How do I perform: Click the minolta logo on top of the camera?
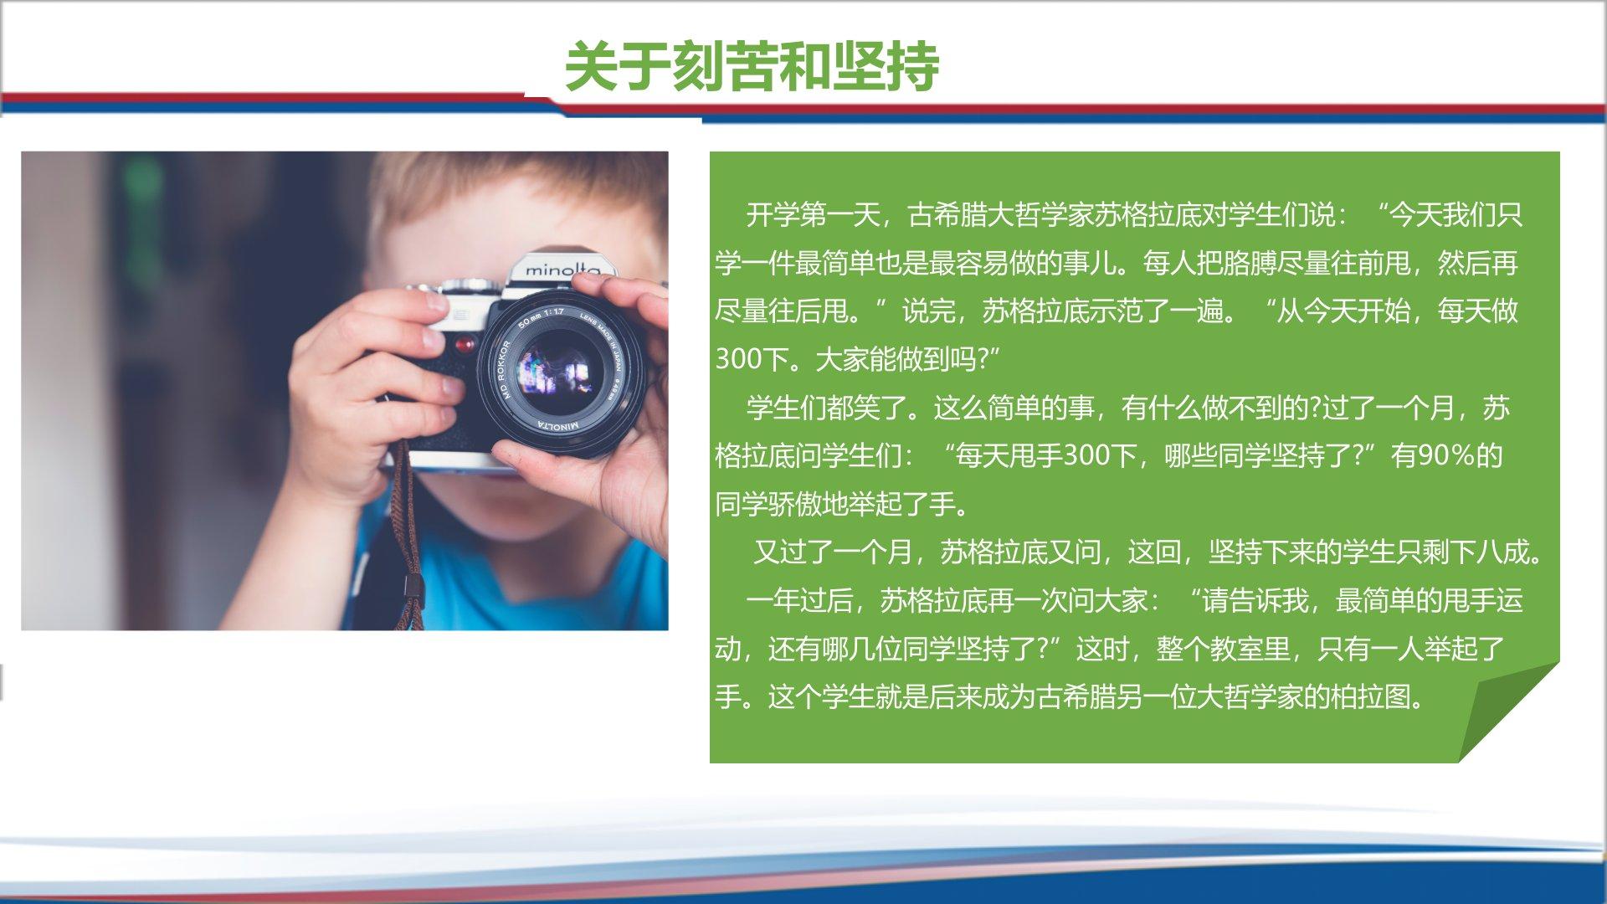(x=562, y=270)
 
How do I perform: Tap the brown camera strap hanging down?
(x=408, y=536)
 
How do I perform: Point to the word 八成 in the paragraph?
(x=1503, y=552)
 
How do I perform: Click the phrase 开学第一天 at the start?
(x=813, y=215)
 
